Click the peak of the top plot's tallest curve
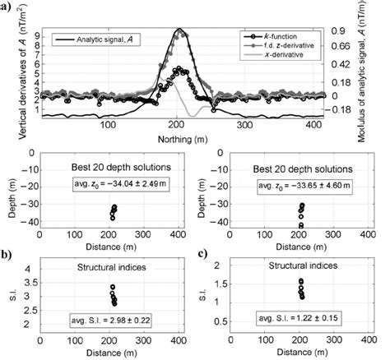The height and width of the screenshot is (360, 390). pos(179,30)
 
